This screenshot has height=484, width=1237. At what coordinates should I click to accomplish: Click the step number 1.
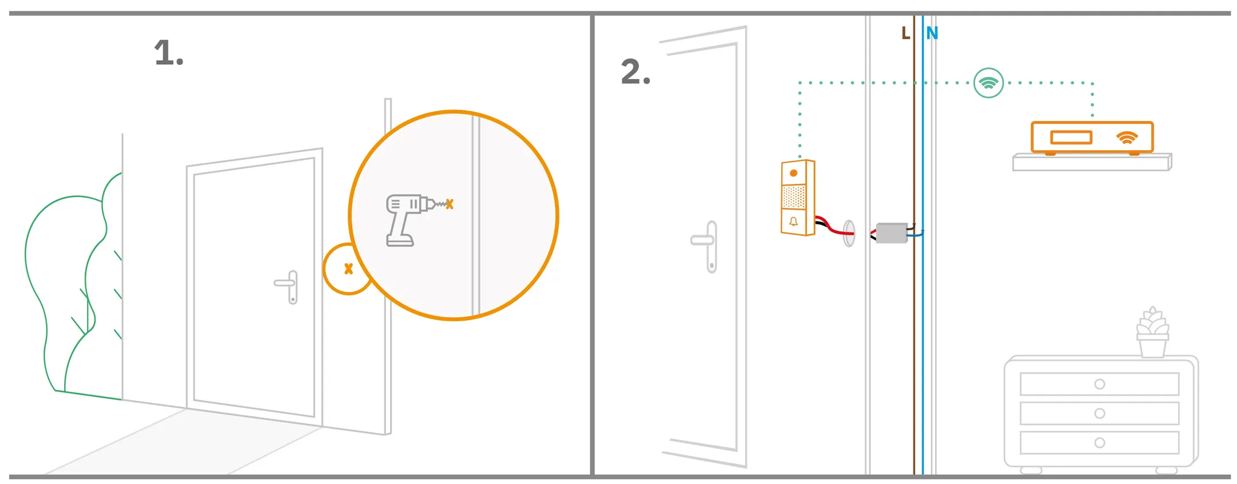point(168,53)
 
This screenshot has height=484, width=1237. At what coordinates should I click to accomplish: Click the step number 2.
point(635,72)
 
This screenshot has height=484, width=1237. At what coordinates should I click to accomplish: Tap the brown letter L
point(905,34)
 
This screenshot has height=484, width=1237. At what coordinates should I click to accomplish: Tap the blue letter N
point(932,34)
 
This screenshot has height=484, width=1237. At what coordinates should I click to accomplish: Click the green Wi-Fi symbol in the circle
point(988,83)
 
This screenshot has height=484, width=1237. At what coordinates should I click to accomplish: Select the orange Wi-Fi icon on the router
point(1126,138)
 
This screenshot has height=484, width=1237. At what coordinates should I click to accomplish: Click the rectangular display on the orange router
point(1071,137)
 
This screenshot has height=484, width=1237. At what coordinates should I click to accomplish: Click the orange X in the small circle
point(348,269)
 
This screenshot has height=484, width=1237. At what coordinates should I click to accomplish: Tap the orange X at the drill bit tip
point(450,204)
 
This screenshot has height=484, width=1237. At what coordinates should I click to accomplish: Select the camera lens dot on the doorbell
point(793,173)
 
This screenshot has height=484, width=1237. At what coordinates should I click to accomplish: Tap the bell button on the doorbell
point(793,222)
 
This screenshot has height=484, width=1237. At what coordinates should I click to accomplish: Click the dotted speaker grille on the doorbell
point(794,197)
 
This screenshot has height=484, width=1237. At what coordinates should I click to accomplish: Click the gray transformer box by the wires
point(892,233)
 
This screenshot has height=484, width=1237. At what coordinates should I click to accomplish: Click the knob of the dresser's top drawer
point(1099,384)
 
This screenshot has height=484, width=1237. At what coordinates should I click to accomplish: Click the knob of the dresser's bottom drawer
point(1099,443)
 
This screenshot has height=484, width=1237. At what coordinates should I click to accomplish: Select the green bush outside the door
point(63,286)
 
